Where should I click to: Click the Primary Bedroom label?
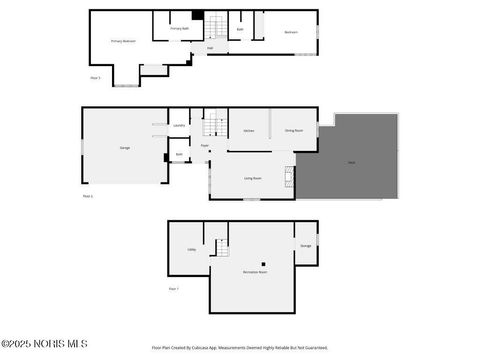123,41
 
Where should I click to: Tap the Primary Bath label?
178,29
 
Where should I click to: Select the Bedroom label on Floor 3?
291,32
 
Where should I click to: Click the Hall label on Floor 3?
210,47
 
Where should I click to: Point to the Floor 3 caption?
96,77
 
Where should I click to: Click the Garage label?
125,147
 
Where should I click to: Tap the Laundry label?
178,125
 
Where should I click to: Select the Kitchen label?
249,130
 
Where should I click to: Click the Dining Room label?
294,130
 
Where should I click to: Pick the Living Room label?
253,178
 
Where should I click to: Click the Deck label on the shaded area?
351,162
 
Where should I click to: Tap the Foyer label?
204,146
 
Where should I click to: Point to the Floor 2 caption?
88,196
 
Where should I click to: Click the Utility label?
191,250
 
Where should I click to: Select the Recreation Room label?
255,271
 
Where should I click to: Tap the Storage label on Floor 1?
306,245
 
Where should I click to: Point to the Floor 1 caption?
173,289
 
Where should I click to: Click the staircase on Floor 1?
220,246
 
